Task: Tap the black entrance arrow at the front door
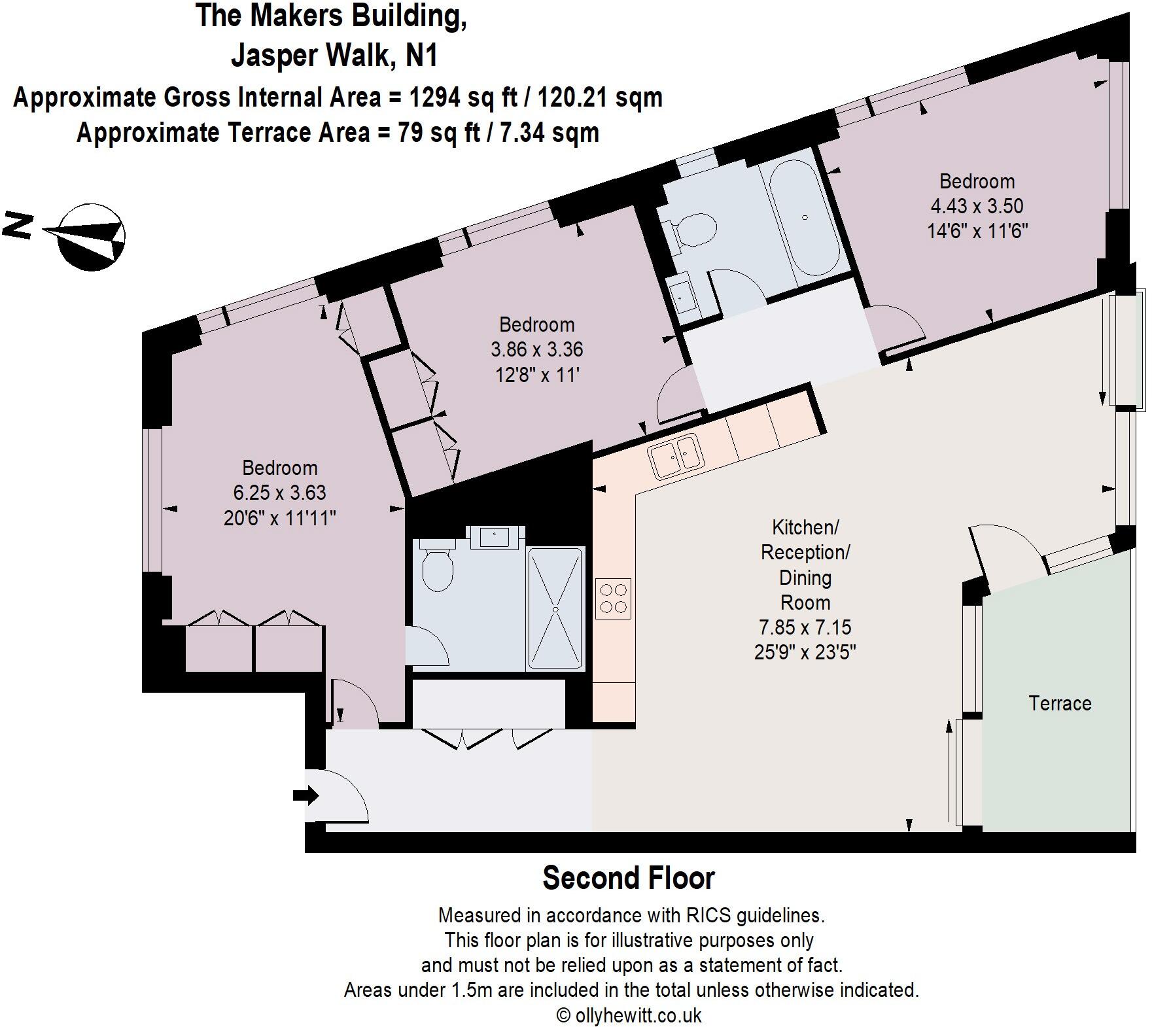(x=305, y=796)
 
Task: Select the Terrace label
(x=1060, y=703)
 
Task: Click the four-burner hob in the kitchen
(x=614, y=599)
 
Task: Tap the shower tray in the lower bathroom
(x=555, y=609)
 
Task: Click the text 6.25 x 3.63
(x=279, y=493)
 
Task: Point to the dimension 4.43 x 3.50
(x=977, y=206)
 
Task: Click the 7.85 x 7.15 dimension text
(x=805, y=627)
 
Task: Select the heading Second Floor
(x=629, y=878)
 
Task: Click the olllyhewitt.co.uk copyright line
(x=629, y=1015)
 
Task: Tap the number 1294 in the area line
(x=434, y=97)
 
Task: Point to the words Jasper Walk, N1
(x=334, y=56)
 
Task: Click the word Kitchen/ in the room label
(x=805, y=527)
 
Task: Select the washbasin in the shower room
(x=495, y=537)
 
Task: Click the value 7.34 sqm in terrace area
(x=550, y=133)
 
